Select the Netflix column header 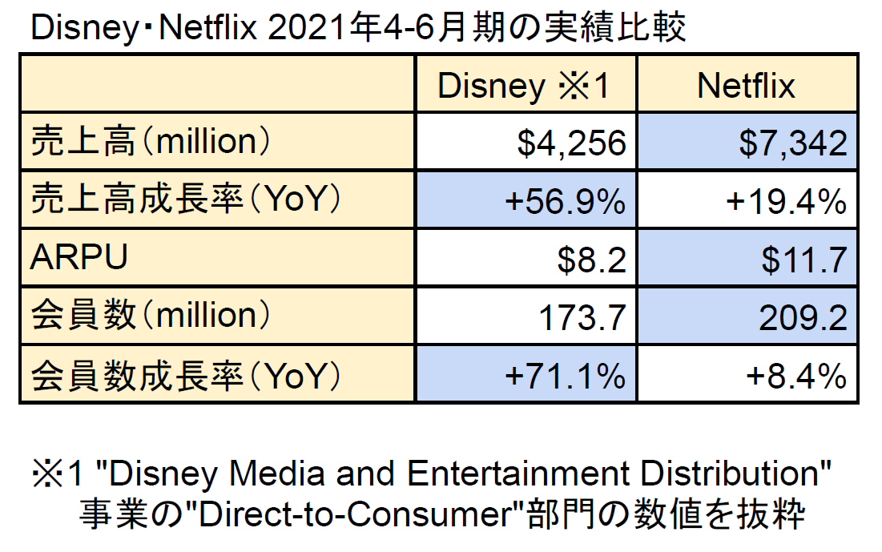pyautogui.click(x=747, y=86)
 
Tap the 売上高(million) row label pyautogui.click(x=149, y=143)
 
